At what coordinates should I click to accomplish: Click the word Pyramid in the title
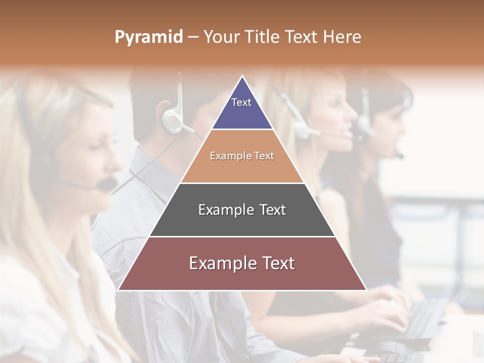(148, 37)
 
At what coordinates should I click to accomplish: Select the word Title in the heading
(263, 37)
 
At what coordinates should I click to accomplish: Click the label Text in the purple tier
(241, 102)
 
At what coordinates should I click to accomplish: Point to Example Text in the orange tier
(242, 156)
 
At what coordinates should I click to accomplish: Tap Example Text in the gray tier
(242, 210)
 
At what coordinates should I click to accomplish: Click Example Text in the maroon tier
(242, 263)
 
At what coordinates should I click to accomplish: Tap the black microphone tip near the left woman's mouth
(106, 185)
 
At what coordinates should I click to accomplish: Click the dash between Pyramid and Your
(193, 37)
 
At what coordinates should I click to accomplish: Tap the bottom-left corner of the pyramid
(118, 290)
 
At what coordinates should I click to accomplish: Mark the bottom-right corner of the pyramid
(366, 290)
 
